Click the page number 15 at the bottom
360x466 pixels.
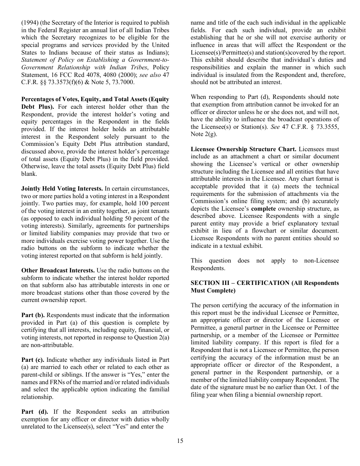tap(180, 441)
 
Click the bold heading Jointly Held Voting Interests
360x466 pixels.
tap(62, 189)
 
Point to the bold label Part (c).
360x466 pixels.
tap(33, 360)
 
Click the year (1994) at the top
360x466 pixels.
tap(30, 23)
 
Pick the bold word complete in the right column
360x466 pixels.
tap(263, 209)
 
